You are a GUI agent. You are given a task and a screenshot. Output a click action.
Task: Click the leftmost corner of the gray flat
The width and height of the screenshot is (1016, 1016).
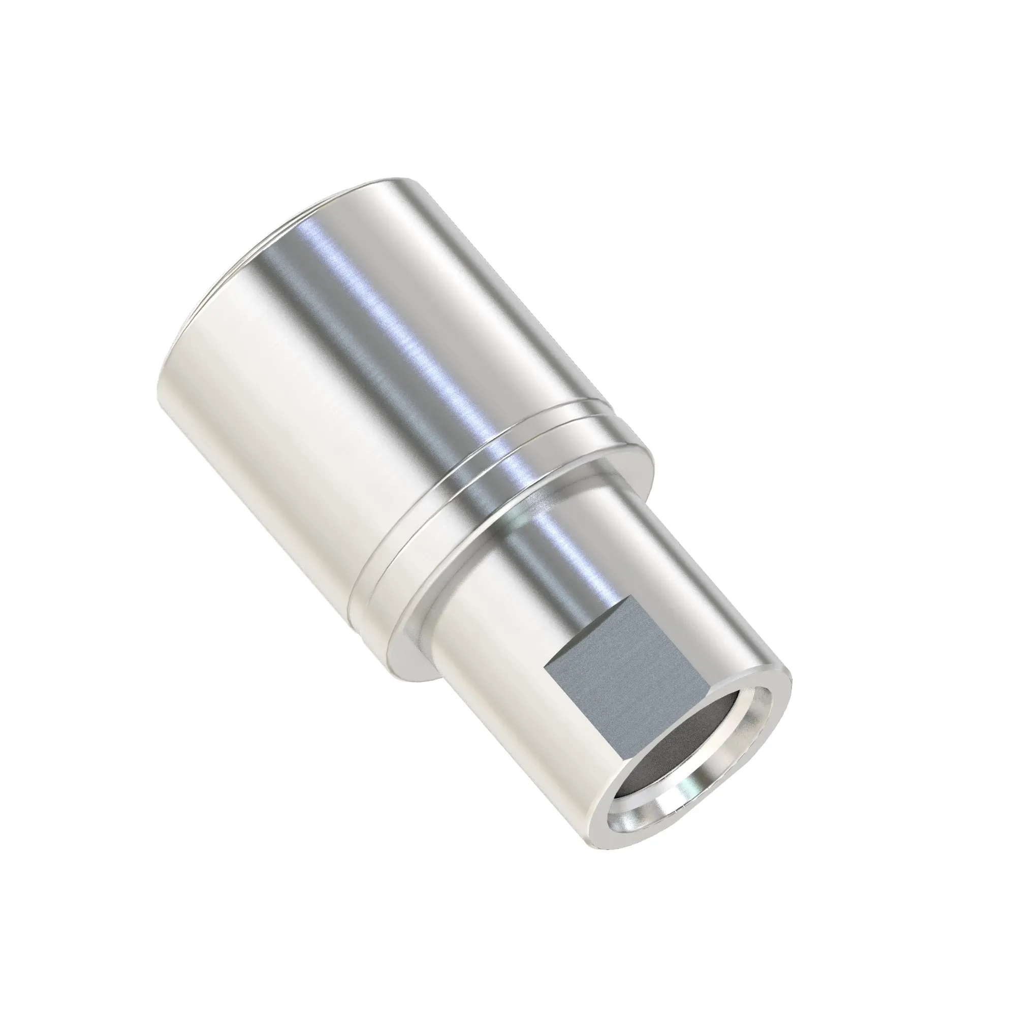tap(544, 663)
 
